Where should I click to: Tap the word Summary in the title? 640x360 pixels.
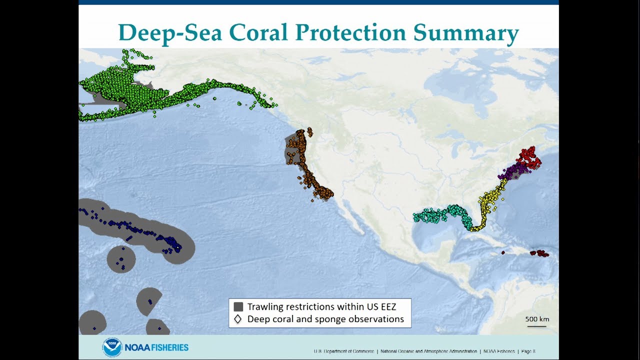pos(466,32)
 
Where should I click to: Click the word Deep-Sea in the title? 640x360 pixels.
pos(170,32)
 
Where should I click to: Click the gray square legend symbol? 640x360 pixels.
pos(238,307)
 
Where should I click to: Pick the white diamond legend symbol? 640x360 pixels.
pos(238,319)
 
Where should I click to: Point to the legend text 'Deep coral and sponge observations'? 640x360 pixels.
pos(325,319)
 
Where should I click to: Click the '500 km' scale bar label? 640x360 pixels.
pos(537,319)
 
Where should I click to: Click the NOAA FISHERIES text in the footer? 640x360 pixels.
pos(156,347)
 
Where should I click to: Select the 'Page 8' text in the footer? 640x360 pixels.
pos(528,351)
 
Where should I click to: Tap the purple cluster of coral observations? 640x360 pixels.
pos(512,172)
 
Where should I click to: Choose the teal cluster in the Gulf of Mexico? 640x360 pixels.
pos(440,214)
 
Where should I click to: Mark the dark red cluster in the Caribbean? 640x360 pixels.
pos(539,253)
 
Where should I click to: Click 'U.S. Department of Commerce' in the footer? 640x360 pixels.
pos(343,351)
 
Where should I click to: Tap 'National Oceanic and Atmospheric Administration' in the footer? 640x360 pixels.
pos(428,351)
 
